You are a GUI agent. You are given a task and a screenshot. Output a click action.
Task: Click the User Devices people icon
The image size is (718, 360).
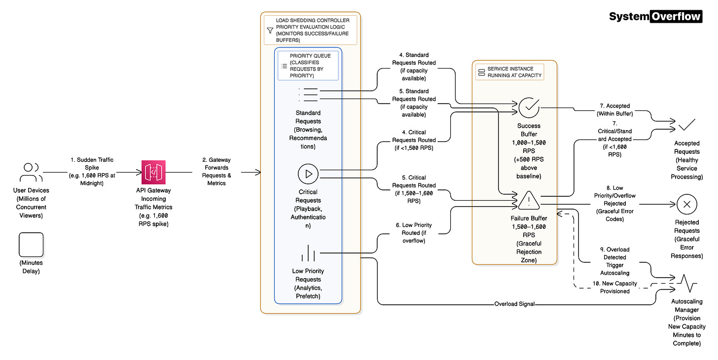pos(31,172)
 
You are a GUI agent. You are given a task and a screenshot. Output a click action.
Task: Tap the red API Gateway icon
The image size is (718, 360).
pos(154,172)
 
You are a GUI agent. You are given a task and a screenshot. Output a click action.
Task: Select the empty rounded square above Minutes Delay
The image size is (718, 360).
pos(31,245)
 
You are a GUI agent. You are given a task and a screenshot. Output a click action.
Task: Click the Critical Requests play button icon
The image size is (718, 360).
pos(308,174)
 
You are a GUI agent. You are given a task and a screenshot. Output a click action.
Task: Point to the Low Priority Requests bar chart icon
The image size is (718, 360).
pos(308,253)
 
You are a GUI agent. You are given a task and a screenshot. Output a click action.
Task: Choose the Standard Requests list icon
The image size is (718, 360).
pos(308,95)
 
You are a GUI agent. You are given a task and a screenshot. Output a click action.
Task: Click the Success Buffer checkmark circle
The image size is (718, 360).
pos(529,107)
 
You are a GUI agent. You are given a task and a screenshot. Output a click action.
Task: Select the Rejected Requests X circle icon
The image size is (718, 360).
pos(687,204)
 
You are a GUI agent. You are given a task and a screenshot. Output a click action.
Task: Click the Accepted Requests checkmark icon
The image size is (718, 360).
pos(687,125)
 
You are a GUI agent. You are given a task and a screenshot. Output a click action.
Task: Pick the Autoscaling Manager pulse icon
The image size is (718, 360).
pos(687,284)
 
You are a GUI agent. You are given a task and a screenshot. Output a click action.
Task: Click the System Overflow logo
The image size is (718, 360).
pos(655,16)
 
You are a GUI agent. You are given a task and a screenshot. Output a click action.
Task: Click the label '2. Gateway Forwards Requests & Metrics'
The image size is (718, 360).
pos(216,171)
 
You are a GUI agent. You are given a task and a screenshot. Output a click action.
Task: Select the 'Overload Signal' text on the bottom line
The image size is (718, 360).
pos(514,304)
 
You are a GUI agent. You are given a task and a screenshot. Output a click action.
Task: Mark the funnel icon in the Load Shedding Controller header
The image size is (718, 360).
pos(270,30)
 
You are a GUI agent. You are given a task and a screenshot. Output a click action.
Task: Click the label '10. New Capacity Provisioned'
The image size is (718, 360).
pos(615,287)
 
